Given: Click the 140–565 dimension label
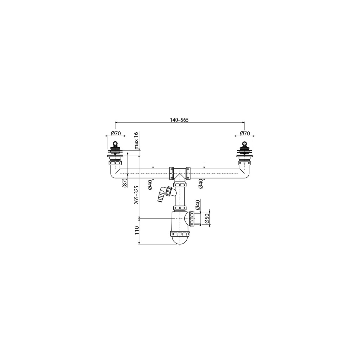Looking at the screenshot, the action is coord(179,120).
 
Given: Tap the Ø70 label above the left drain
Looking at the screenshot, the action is coord(115,133).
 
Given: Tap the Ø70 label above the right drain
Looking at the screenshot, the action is coord(245,133).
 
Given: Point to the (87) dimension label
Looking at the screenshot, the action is coord(125,182).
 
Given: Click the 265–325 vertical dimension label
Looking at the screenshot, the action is coord(137,195).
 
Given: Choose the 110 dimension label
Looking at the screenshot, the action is coord(137,230).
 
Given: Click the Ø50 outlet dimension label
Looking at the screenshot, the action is coord(207,219).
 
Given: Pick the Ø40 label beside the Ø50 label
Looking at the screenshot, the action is coord(198,205).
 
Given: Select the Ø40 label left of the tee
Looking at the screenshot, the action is coord(151,185).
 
